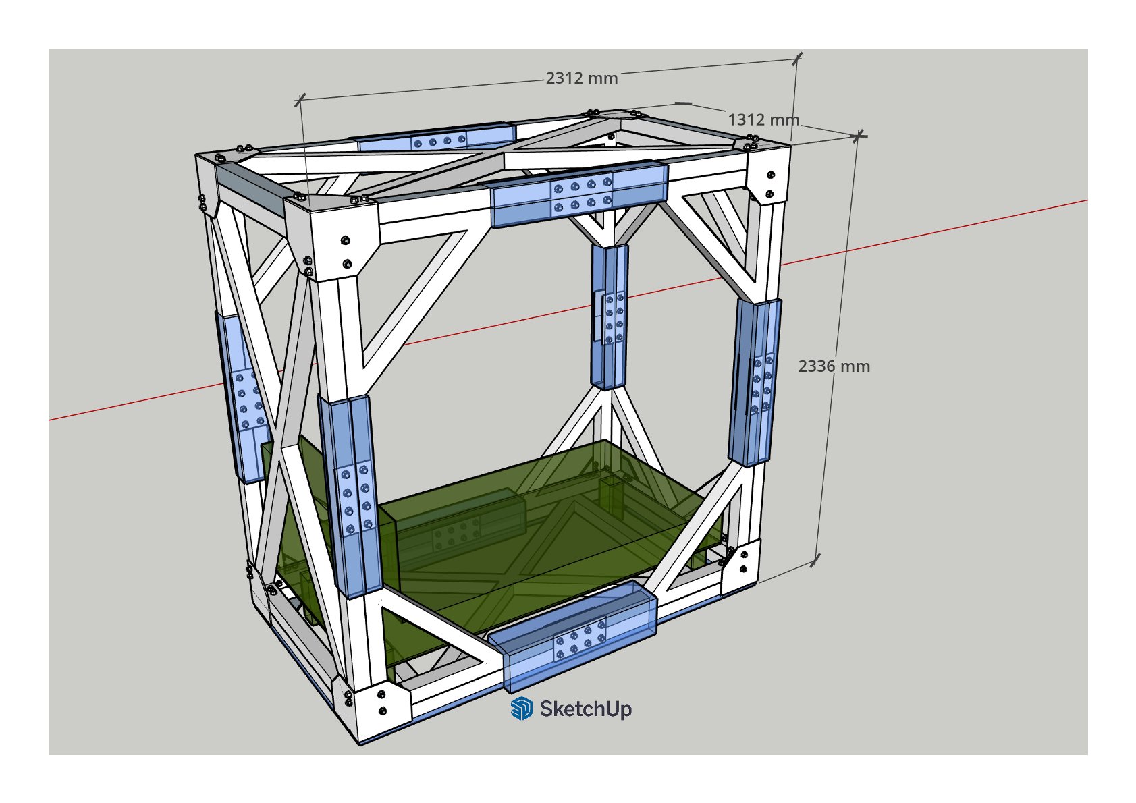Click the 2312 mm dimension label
pyautogui.click(x=582, y=78)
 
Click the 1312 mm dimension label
pyautogui.click(x=763, y=120)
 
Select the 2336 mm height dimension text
pyautogui.click(x=834, y=366)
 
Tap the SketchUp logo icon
pyautogui.click(x=521, y=709)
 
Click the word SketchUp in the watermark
pyautogui.click(x=586, y=709)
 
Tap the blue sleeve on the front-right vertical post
pyautogui.click(x=756, y=382)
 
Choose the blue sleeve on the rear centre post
pyautogui.click(x=610, y=316)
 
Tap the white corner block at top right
pyautogui.click(x=768, y=174)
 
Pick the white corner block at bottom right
pyautogui.click(x=740, y=567)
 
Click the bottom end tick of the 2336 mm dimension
pyautogui.click(x=815, y=560)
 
